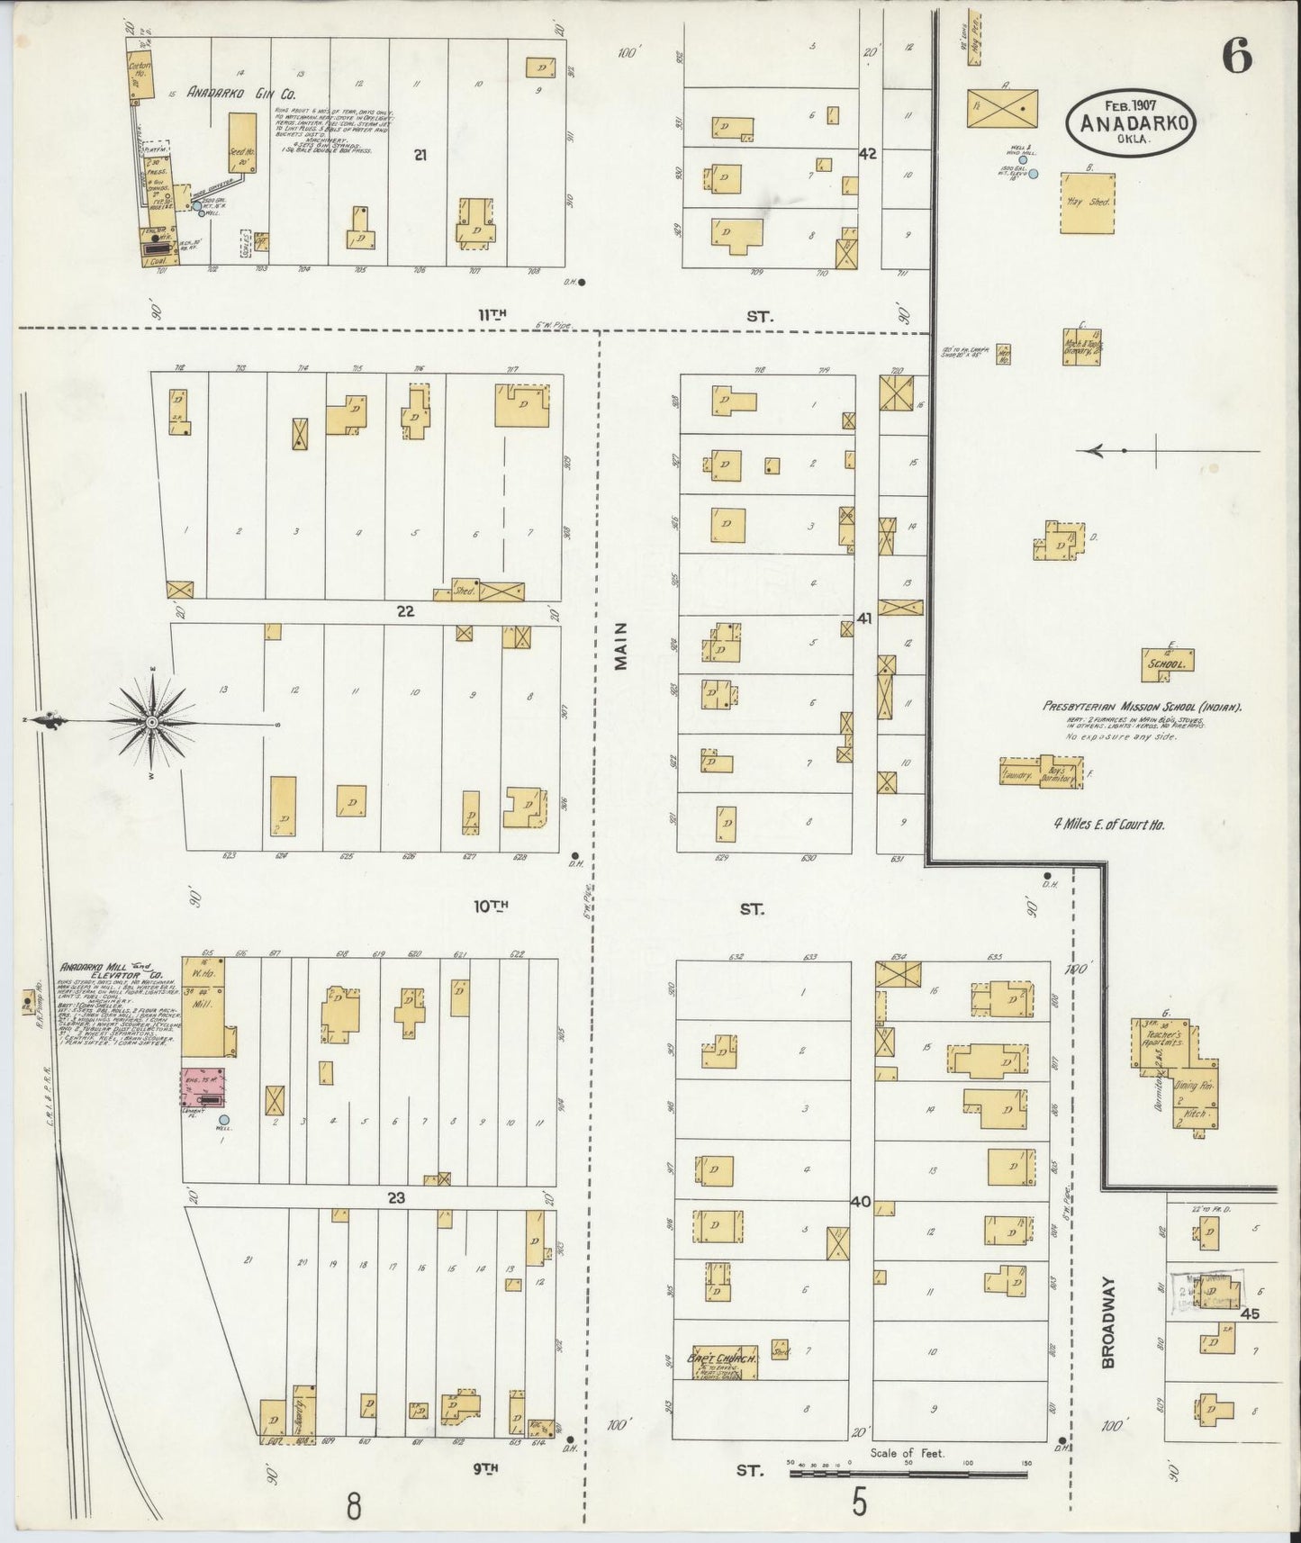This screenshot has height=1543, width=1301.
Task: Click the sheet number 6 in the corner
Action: (1236, 59)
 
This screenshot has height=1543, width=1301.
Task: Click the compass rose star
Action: (152, 722)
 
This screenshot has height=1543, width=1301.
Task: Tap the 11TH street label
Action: (492, 315)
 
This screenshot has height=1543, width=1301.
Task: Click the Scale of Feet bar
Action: (909, 1475)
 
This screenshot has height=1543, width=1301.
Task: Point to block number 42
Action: (866, 155)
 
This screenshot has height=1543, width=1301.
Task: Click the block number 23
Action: (396, 1197)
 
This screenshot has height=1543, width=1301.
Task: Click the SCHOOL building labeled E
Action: (1169, 660)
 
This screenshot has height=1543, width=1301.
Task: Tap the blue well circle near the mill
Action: (224, 1120)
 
